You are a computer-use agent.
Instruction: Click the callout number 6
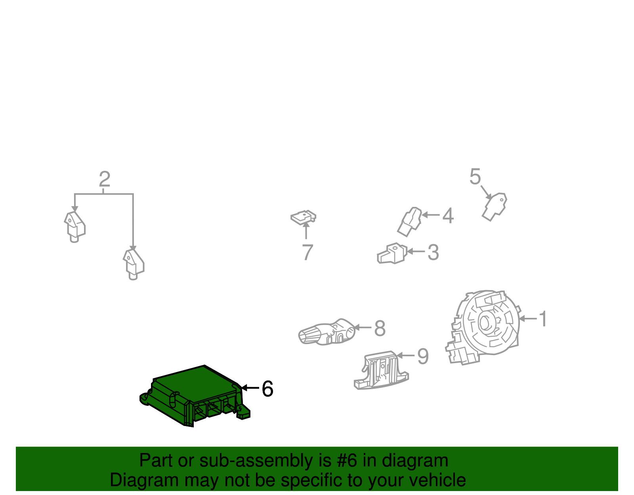(x=267, y=389)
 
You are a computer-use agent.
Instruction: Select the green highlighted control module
(x=195, y=396)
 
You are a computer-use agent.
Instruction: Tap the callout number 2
(x=105, y=179)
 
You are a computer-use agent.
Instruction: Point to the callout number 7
(x=307, y=252)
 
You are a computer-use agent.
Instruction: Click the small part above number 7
(x=304, y=218)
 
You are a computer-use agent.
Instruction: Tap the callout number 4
(x=448, y=216)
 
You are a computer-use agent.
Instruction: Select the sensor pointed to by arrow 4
(x=409, y=222)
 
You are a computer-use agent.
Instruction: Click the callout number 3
(x=433, y=252)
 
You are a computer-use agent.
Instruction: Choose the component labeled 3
(x=392, y=254)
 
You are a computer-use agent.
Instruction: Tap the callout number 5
(x=475, y=176)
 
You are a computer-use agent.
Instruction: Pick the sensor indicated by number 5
(x=495, y=207)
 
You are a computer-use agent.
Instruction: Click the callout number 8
(x=380, y=328)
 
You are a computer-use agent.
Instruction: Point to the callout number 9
(x=423, y=356)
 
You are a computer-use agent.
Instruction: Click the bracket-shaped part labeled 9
(x=381, y=371)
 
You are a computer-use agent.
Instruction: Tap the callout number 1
(x=543, y=319)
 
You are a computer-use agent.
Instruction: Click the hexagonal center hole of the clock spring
(x=486, y=323)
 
